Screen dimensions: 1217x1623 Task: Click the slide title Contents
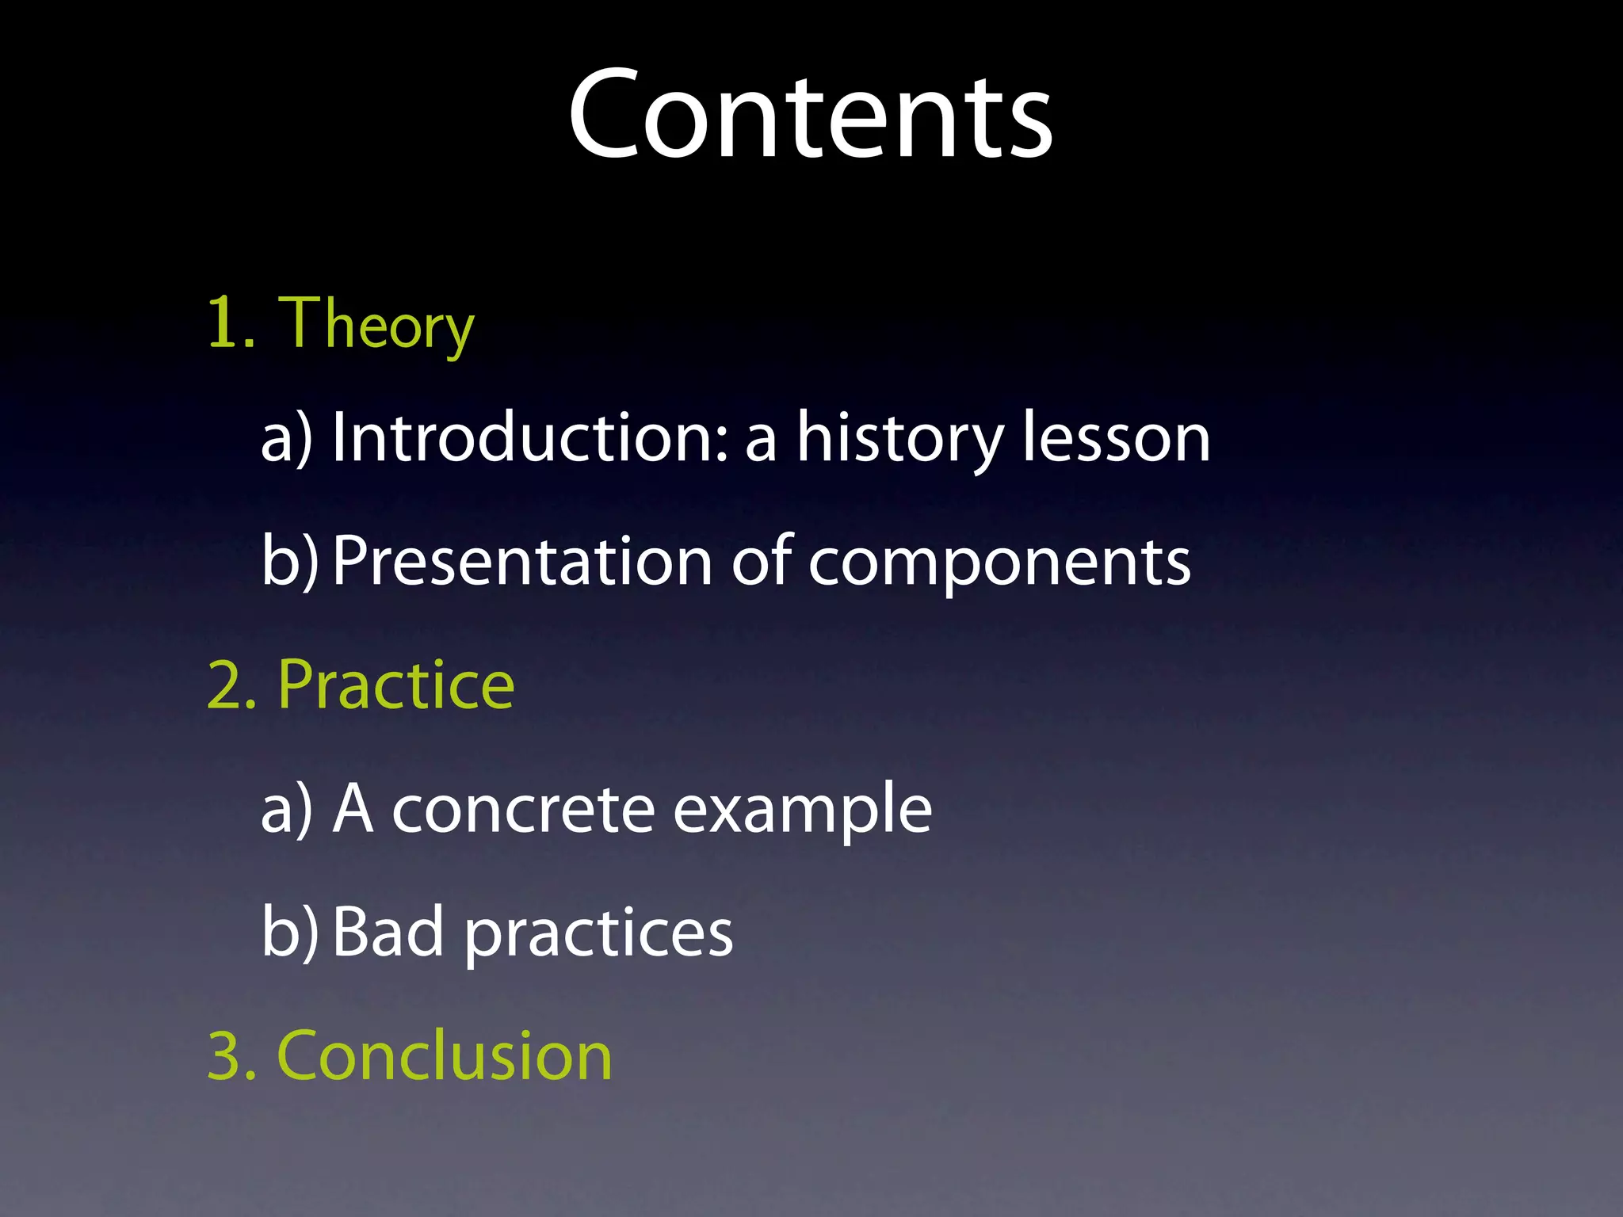click(810, 115)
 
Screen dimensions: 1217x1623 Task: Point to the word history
click(900, 437)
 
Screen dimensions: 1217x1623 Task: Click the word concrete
click(523, 810)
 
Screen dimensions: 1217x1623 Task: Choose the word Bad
click(388, 932)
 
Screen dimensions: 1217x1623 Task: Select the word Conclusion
click(445, 1055)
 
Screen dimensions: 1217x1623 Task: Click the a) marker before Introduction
click(287, 439)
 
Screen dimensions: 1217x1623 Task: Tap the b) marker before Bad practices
click(289, 933)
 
